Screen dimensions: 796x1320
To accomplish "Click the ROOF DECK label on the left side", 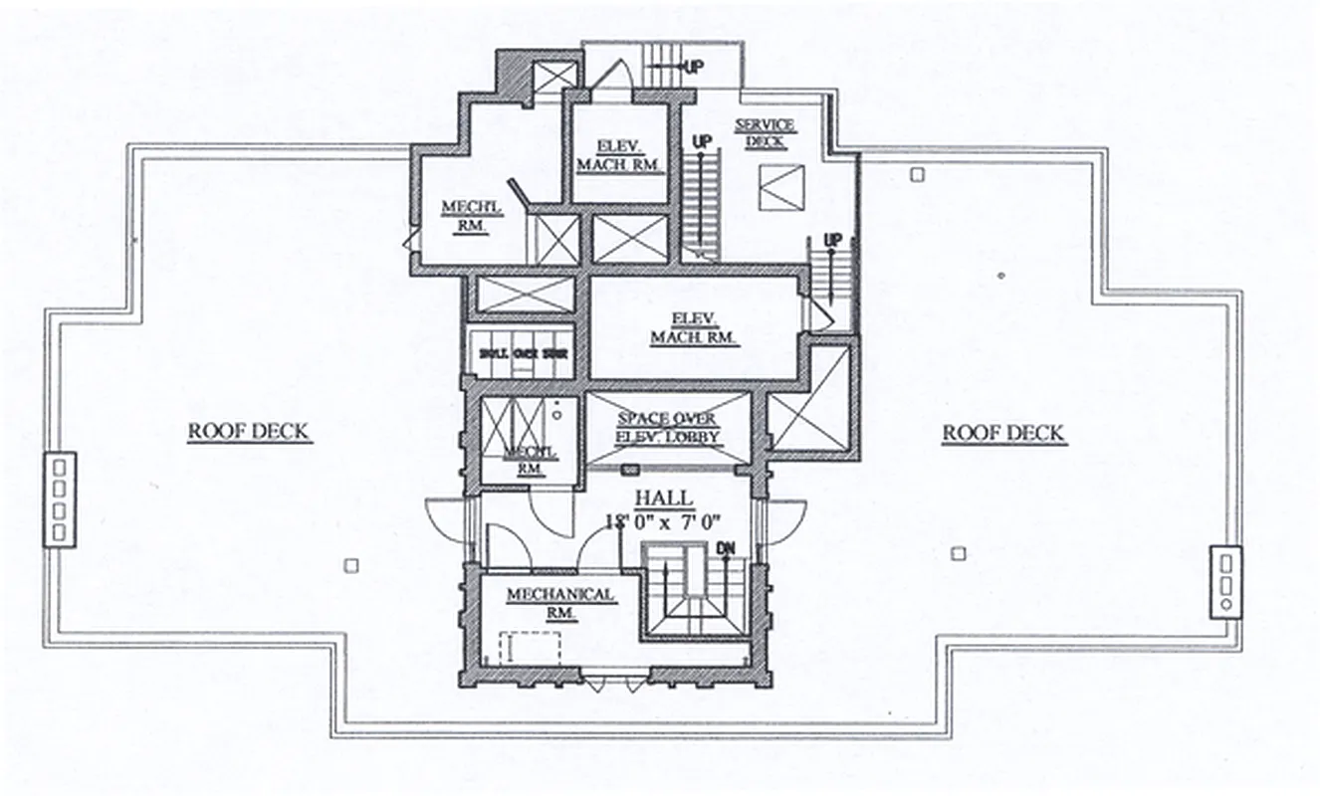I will [x=249, y=432].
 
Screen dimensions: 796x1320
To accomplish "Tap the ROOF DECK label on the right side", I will [x=1003, y=433].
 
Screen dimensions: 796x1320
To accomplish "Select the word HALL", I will [x=663, y=497].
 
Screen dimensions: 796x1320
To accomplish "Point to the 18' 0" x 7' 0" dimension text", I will [x=663, y=520].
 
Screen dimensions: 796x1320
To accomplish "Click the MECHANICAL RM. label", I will [x=559, y=603].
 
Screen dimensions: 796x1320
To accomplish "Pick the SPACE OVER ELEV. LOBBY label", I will [x=668, y=426].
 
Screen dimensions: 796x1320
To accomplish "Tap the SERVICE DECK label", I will [x=765, y=132].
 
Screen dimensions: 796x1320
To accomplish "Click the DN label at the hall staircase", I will [x=726, y=549].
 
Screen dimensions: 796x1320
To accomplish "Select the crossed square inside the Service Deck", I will [x=781, y=187].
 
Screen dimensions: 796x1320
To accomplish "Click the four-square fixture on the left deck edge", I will [x=60, y=498].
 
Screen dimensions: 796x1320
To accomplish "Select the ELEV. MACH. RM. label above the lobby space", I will [x=695, y=328].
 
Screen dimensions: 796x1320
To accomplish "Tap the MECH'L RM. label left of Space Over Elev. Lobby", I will [x=531, y=459].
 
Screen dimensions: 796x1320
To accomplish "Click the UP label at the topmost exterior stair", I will [x=693, y=66].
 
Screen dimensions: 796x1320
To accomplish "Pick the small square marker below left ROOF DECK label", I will [x=350, y=565].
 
